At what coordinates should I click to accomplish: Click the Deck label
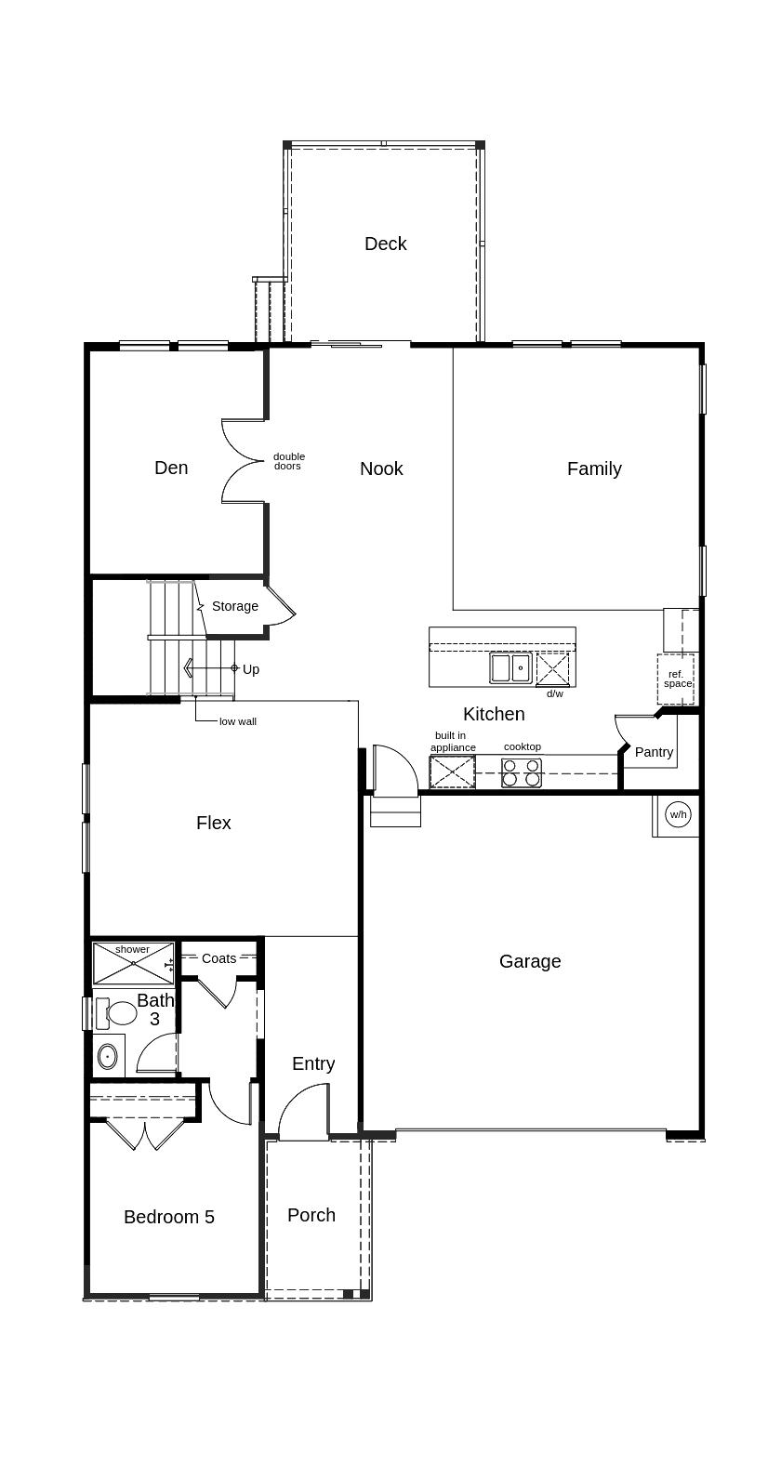coord(386,244)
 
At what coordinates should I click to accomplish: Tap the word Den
coord(171,468)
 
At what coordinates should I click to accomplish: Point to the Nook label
coord(381,468)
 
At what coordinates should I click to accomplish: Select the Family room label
coord(594,468)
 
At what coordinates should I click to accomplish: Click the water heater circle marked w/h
coord(678,814)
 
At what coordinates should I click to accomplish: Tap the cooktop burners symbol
coord(522,772)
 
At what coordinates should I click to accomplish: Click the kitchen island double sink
coord(511,667)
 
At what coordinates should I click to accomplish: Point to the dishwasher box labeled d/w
coord(552,669)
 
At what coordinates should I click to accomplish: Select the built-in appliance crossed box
coord(452,772)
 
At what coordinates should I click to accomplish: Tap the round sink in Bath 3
coord(107,1056)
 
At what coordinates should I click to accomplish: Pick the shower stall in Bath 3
coord(133,963)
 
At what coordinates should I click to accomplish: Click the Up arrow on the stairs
coord(211,668)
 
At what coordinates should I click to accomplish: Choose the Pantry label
coord(654,752)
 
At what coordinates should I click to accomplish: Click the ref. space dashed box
coord(676,680)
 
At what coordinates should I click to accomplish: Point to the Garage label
coord(530,961)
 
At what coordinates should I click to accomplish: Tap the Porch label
coord(311,1215)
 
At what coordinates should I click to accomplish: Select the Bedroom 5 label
coord(169,1217)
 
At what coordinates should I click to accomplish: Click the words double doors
coord(288,461)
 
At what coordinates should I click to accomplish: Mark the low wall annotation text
coord(238,722)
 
